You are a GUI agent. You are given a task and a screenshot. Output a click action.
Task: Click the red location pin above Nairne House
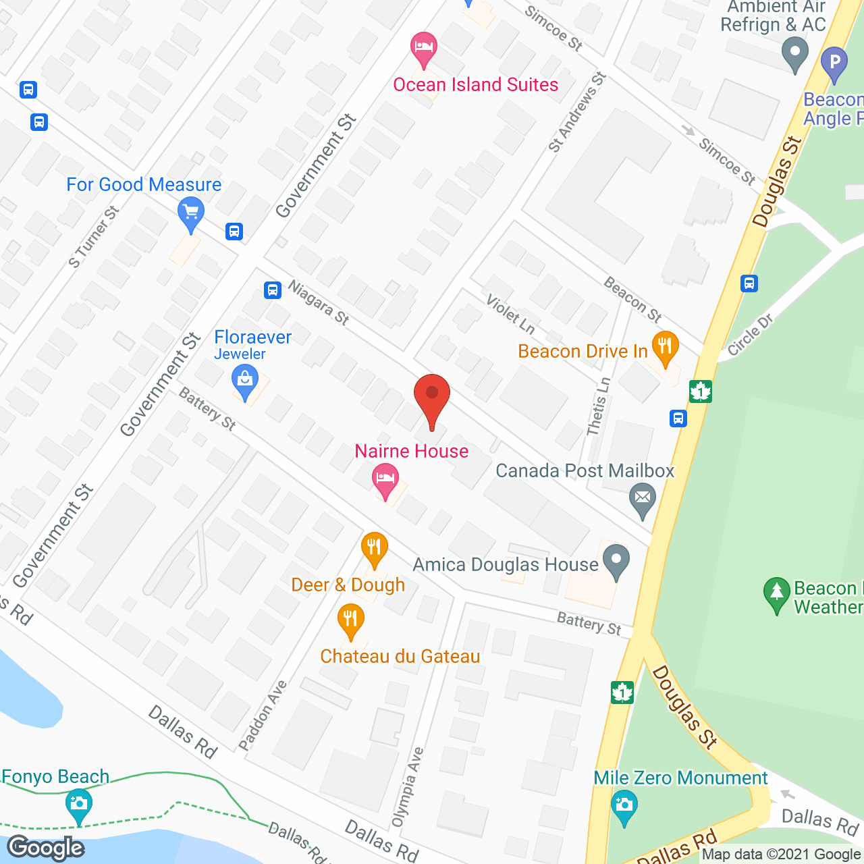click(431, 395)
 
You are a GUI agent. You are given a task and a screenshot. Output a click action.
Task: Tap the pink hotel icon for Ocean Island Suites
click(424, 48)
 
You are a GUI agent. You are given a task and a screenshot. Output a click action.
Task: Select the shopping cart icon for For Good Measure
click(191, 214)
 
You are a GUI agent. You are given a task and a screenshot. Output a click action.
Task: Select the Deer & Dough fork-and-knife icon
click(374, 548)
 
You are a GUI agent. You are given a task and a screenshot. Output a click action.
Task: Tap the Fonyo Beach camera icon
click(79, 804)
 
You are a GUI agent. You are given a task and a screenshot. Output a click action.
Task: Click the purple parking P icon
click(834, 63)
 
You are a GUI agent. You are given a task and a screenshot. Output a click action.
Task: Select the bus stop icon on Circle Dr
click(749, 283)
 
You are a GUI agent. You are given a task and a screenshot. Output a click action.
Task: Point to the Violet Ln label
click(510, 313)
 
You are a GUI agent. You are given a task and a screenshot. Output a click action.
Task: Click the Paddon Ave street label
click(263, 715)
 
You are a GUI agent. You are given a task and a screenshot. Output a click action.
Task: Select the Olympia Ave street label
click(408, 787)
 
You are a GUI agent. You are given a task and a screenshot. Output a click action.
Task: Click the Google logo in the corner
click(46, 848)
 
